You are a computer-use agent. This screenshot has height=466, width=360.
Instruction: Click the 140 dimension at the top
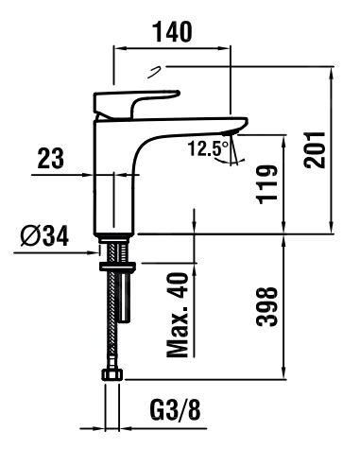[172, 32]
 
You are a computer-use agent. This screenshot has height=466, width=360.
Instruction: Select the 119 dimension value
[267, 184]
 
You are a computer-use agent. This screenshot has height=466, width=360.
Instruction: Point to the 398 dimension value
[267, 306]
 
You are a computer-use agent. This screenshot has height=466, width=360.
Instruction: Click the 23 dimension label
[51, 159]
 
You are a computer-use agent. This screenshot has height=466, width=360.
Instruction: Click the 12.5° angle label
[209, 148]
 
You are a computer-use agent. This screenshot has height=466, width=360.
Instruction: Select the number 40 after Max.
[178, 286]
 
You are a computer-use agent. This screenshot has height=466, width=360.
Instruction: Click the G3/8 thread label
[175, 409]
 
